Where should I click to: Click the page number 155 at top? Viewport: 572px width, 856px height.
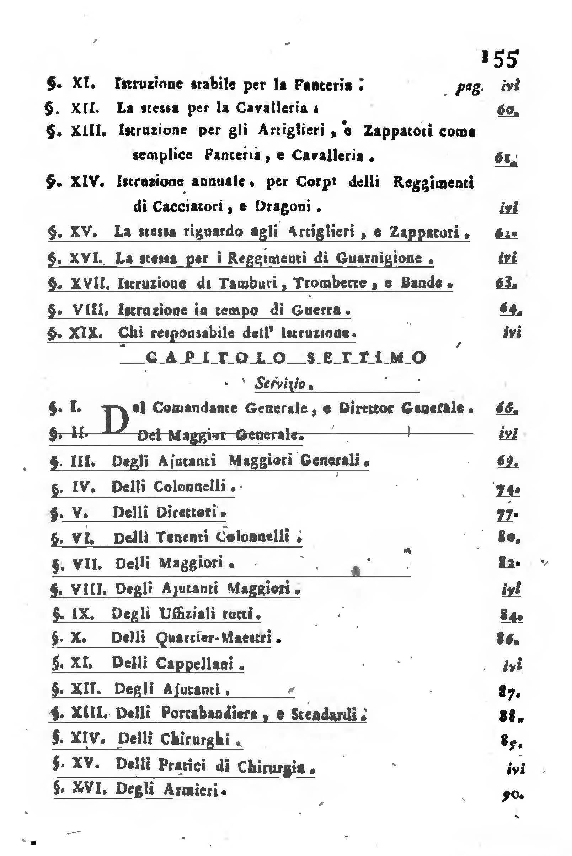[x=500, y=59]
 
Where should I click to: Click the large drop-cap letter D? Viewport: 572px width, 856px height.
[x=116, y=420]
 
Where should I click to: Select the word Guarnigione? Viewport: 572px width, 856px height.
[x=379, y=258]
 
